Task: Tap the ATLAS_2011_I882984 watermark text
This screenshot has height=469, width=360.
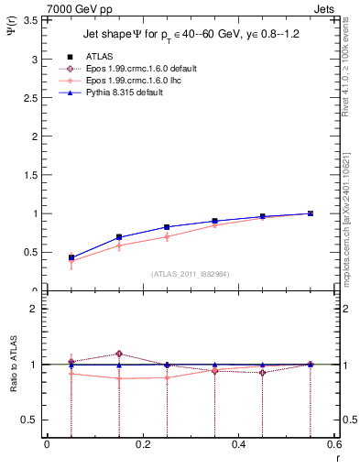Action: coord(190,274)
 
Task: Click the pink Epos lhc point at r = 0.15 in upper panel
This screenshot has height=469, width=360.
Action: coord(119,245)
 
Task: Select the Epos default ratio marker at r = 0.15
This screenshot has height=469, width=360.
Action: coord(119,354)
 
